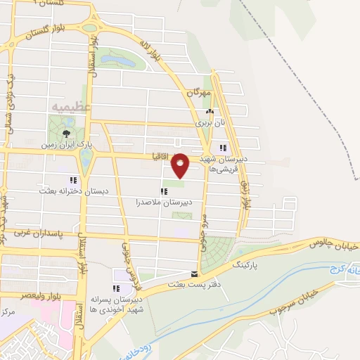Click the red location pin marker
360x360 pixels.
(x=180, y=165)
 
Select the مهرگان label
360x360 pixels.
(x=199, y=92)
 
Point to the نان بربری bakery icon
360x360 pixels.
(x=208, y=112)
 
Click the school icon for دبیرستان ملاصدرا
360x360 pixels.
(x=164, y=191)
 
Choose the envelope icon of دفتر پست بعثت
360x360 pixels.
(x=195, y=274)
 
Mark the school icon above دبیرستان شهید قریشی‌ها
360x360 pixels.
(x=223, y=148)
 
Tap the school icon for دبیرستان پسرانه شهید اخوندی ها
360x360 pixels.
(x=115, y=288)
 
